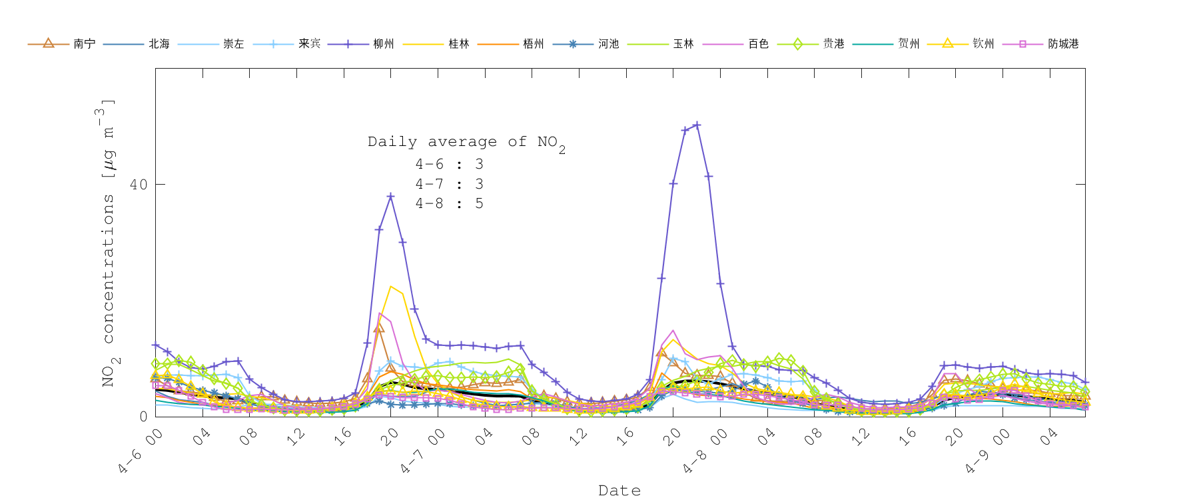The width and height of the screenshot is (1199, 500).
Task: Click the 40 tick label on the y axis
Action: [x=139, y=185]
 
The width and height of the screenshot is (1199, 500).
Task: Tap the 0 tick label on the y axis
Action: [x=143, y=416]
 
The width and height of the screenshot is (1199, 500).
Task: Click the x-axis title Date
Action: [x=619, y=491]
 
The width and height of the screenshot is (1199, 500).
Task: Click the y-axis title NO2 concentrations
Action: [x=109, y=243]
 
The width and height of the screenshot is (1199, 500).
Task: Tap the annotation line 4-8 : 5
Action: [x=449, y=203]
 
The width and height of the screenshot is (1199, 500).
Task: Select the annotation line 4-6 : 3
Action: [x=449, y=164]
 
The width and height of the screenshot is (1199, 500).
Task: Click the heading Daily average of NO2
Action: [x=466, y=142]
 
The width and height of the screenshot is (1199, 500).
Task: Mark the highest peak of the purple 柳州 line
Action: [x=697, y=125]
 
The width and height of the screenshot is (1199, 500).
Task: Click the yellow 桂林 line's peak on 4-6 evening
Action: [x=391, y=286]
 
